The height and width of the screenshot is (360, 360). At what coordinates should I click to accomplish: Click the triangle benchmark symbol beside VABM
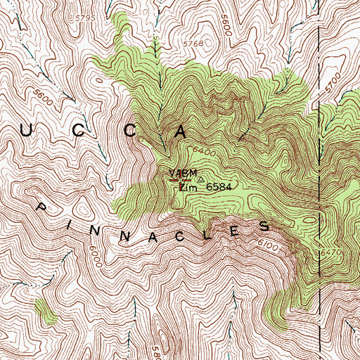pyautogui.click(x=200, y=179)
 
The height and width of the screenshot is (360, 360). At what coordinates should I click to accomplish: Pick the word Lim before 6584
pyautogui.click(x=188, y=188)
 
